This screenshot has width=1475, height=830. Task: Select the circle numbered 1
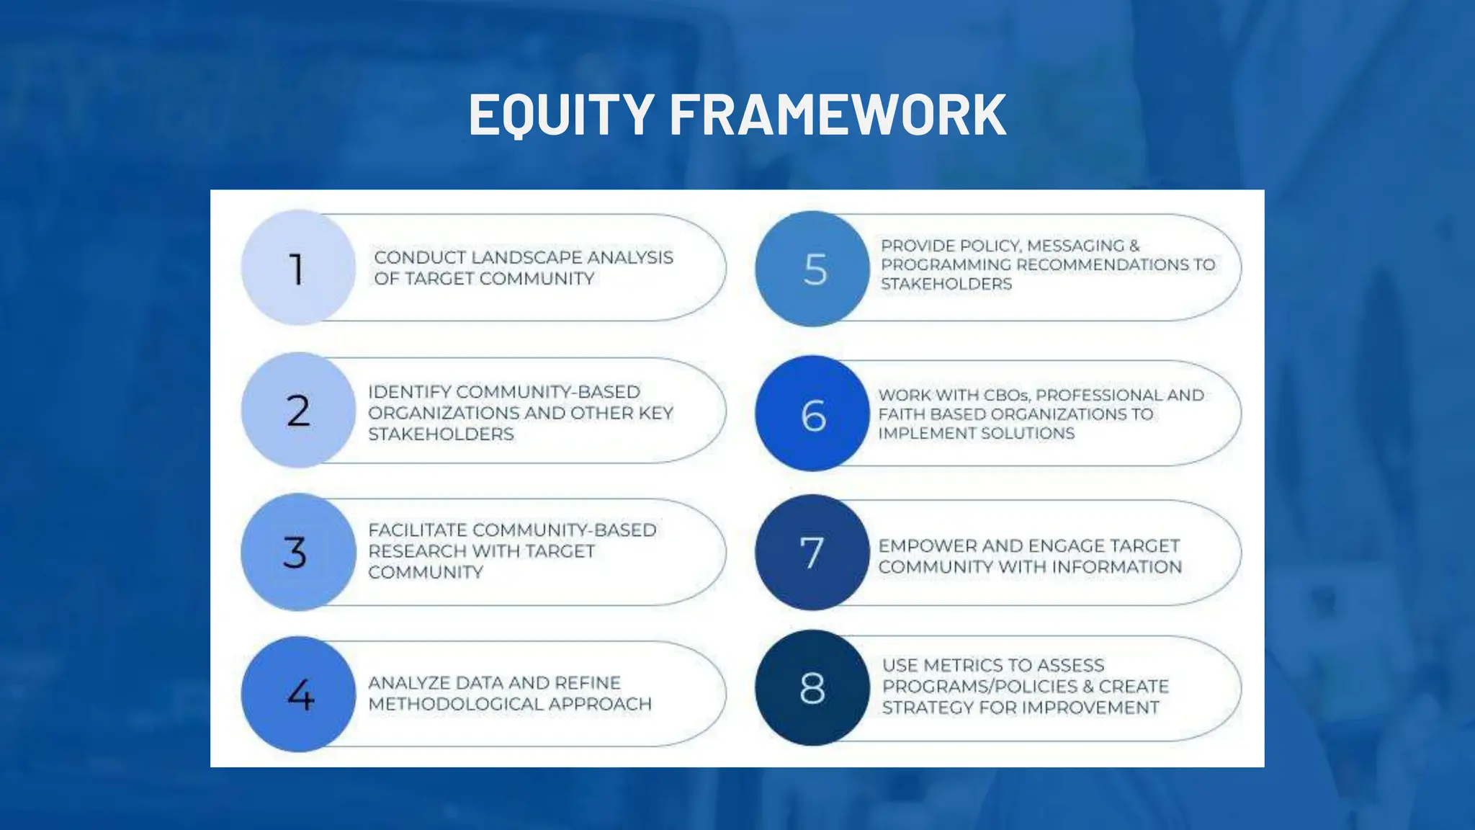pyautogui.click(x=297, y=268)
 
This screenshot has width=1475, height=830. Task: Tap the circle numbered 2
pyautogui.click(x=297, y=411)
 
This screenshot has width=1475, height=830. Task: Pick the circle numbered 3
pyautogui.click(x=297, y=553)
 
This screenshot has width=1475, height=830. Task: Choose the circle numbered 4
pyautogui.click(x=297, y=695)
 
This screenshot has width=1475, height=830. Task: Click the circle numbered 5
pyautogui.click(x=812, y=269)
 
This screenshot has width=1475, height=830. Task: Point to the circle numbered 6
pyautogui.click(x=812, y=414)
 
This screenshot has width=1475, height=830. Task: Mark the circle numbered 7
pyautogui.click(x=812, y=553)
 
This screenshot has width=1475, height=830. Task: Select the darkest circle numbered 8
pyautogui.click(x=812, y=688)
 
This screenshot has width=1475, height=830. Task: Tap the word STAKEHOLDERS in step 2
pyautogui.click(x=441, y=434)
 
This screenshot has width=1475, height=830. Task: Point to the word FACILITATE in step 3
pyautogui.click(x=418, y=530)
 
